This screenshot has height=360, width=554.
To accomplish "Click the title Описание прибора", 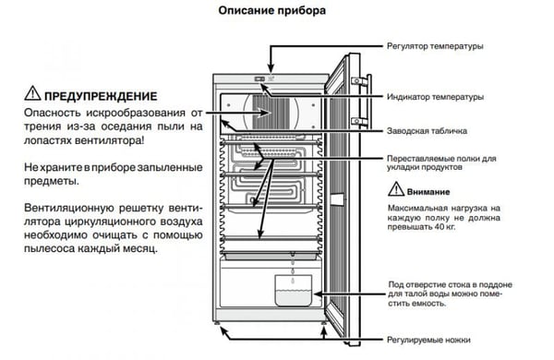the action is (x=271, y=10).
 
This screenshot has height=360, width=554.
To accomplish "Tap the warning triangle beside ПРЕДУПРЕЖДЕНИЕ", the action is (x=32, y=93).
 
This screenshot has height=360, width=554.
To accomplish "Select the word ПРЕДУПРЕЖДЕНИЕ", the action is (x=101, y=96).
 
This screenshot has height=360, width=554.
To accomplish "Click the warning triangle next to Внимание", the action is (x=396, y=189).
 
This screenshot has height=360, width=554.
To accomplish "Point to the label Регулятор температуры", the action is (x=435, y=46).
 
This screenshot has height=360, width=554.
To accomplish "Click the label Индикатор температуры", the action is (x=435, y=96).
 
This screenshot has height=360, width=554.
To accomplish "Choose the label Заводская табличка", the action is (x=427, y=131).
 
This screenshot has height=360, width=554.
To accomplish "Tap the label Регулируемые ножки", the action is (x=428, y=340).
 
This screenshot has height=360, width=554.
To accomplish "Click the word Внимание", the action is (x=428, y=192).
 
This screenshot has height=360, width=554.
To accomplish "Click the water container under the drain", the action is (x=294, y=291).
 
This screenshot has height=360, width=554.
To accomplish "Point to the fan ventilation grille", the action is (x=271, y=113).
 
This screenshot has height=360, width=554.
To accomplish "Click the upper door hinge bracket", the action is (x=359, y=81).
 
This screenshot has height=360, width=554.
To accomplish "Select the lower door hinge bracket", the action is (x=359, y=121).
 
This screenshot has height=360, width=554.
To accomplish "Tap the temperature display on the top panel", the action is (x=259, y=78).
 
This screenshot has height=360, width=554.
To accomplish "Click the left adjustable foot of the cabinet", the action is (x=216, y=322).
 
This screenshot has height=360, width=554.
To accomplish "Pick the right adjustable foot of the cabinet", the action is (x=324, y=322).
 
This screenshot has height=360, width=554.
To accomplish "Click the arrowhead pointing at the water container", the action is (x=317, y=294).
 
